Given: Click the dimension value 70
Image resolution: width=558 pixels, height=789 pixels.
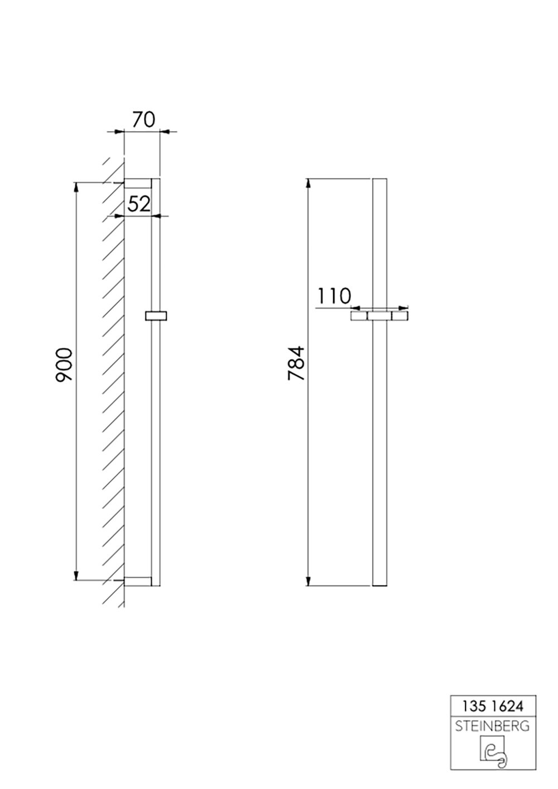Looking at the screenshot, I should pyautogui.click(x=143, y=119).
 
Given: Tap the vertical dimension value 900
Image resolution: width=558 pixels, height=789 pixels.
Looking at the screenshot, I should pyautogui.click(x=65, y=365).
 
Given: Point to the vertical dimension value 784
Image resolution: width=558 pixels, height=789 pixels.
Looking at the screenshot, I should pyautogui.click(x=296, y=364).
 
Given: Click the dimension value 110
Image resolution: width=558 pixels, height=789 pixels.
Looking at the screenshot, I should pyautogui.click(x=334, y=296).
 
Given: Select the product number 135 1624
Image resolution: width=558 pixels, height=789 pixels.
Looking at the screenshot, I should pyautogui.click(x=493, y=706).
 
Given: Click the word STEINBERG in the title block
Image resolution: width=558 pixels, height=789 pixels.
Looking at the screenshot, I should pyautogui.click(x=493, y=726).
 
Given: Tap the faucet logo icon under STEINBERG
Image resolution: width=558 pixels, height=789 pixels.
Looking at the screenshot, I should pyautogui.click(x=493, y=751).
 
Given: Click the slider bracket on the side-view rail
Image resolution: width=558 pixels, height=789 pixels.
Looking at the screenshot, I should pyautogui.click(x=156, y=316).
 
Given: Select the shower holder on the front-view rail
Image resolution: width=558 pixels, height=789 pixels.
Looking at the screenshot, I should pyautogui.click(x=379, y=316).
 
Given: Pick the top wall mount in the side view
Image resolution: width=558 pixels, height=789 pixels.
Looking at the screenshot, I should pyautogui.click(x=137, y=184).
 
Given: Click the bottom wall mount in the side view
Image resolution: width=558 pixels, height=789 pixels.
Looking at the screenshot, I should pyautogui.click(x=137, y=581).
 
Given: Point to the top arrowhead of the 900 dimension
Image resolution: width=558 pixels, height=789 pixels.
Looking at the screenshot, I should pyautogui.click(x=76, y=187).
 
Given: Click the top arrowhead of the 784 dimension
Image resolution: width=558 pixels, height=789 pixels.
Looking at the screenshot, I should pyautogui.click(x=308, y=183).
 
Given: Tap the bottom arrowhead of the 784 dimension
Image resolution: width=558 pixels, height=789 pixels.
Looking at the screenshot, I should pyautogui.click(x=308, y=582).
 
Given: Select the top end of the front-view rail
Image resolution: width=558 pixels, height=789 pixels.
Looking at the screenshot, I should pyautogui.click(x=379, y=180).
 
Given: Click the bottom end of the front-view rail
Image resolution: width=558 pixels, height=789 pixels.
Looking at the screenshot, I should pyautogui.click(x=379, y=585).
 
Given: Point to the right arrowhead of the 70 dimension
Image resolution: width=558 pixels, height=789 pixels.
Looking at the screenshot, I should pyautogui.click(x=165, y=132).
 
